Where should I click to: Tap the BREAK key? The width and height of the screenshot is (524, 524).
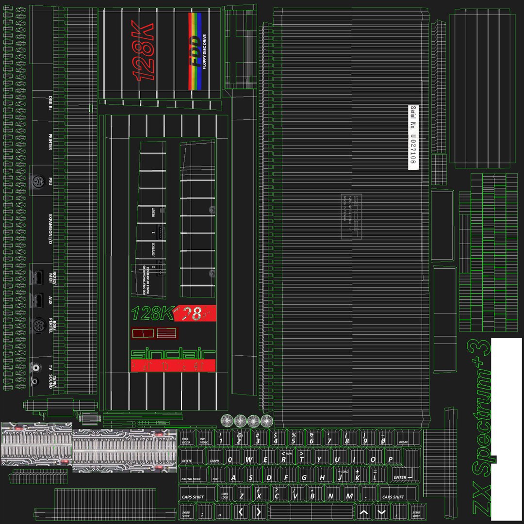click(x=404, y=442)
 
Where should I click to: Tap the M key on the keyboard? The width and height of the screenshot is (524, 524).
click(x=349, y=496)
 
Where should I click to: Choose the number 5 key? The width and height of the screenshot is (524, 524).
click(x=293, y=441)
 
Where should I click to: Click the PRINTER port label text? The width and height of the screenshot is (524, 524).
click(x=50, y=142)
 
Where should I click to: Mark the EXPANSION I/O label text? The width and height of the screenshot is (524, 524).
click(x=50, y=228)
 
